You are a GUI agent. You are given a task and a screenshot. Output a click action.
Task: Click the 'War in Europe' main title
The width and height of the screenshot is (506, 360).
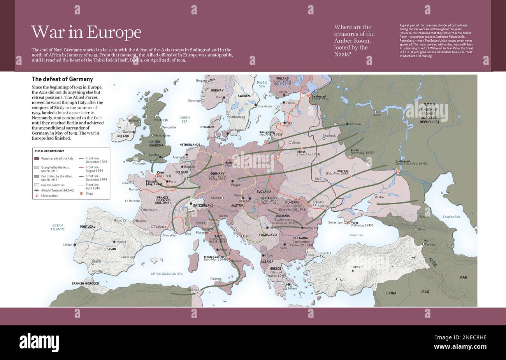(x=86, y=32)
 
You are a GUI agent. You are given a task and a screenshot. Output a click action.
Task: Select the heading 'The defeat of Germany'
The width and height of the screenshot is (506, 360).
(x=62, y=79)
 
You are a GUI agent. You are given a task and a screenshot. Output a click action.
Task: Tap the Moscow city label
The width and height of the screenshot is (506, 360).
(x=355, y=124)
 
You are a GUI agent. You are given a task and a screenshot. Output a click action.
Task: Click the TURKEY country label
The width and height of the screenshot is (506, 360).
(x=356, y=267)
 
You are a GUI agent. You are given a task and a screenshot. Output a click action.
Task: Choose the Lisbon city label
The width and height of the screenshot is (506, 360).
(x=68, y=245)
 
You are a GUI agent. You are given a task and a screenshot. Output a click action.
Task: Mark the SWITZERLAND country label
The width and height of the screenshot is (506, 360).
(x=203, y=205)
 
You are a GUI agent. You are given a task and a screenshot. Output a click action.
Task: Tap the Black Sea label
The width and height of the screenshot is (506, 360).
(x=356, y=235)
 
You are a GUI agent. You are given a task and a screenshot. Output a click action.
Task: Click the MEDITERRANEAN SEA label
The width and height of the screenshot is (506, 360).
(x=167, y=274)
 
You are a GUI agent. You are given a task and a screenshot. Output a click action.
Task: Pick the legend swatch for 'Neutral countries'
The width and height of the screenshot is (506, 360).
(x=37, y=185)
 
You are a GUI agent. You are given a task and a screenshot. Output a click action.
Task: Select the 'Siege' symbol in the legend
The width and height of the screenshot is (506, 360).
(x=81, y=193)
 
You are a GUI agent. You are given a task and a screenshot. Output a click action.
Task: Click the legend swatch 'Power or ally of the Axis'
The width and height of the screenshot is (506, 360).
(x=37, y=158)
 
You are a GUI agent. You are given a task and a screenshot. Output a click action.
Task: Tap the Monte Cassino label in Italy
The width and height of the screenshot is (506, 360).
(x=214, y=257)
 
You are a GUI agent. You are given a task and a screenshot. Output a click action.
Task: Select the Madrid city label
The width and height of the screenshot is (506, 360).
(x=121, y=242)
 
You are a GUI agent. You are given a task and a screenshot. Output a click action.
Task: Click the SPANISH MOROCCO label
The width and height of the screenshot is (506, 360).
(x=85, y=283)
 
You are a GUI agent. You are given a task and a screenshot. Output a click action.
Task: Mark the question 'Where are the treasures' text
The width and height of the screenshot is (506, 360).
(x=354, y=40)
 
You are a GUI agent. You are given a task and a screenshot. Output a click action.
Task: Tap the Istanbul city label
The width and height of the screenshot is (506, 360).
(x=325, y=253)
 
